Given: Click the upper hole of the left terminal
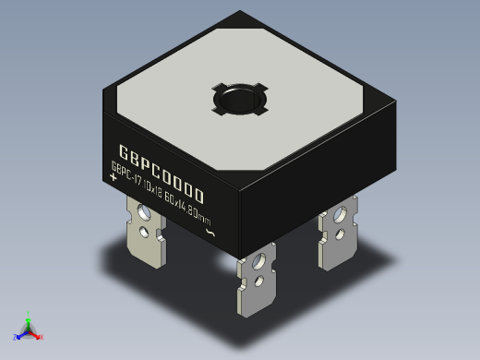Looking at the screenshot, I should click(x=144, y=212).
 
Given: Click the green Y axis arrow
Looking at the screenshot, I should click(x=29, y=315).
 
